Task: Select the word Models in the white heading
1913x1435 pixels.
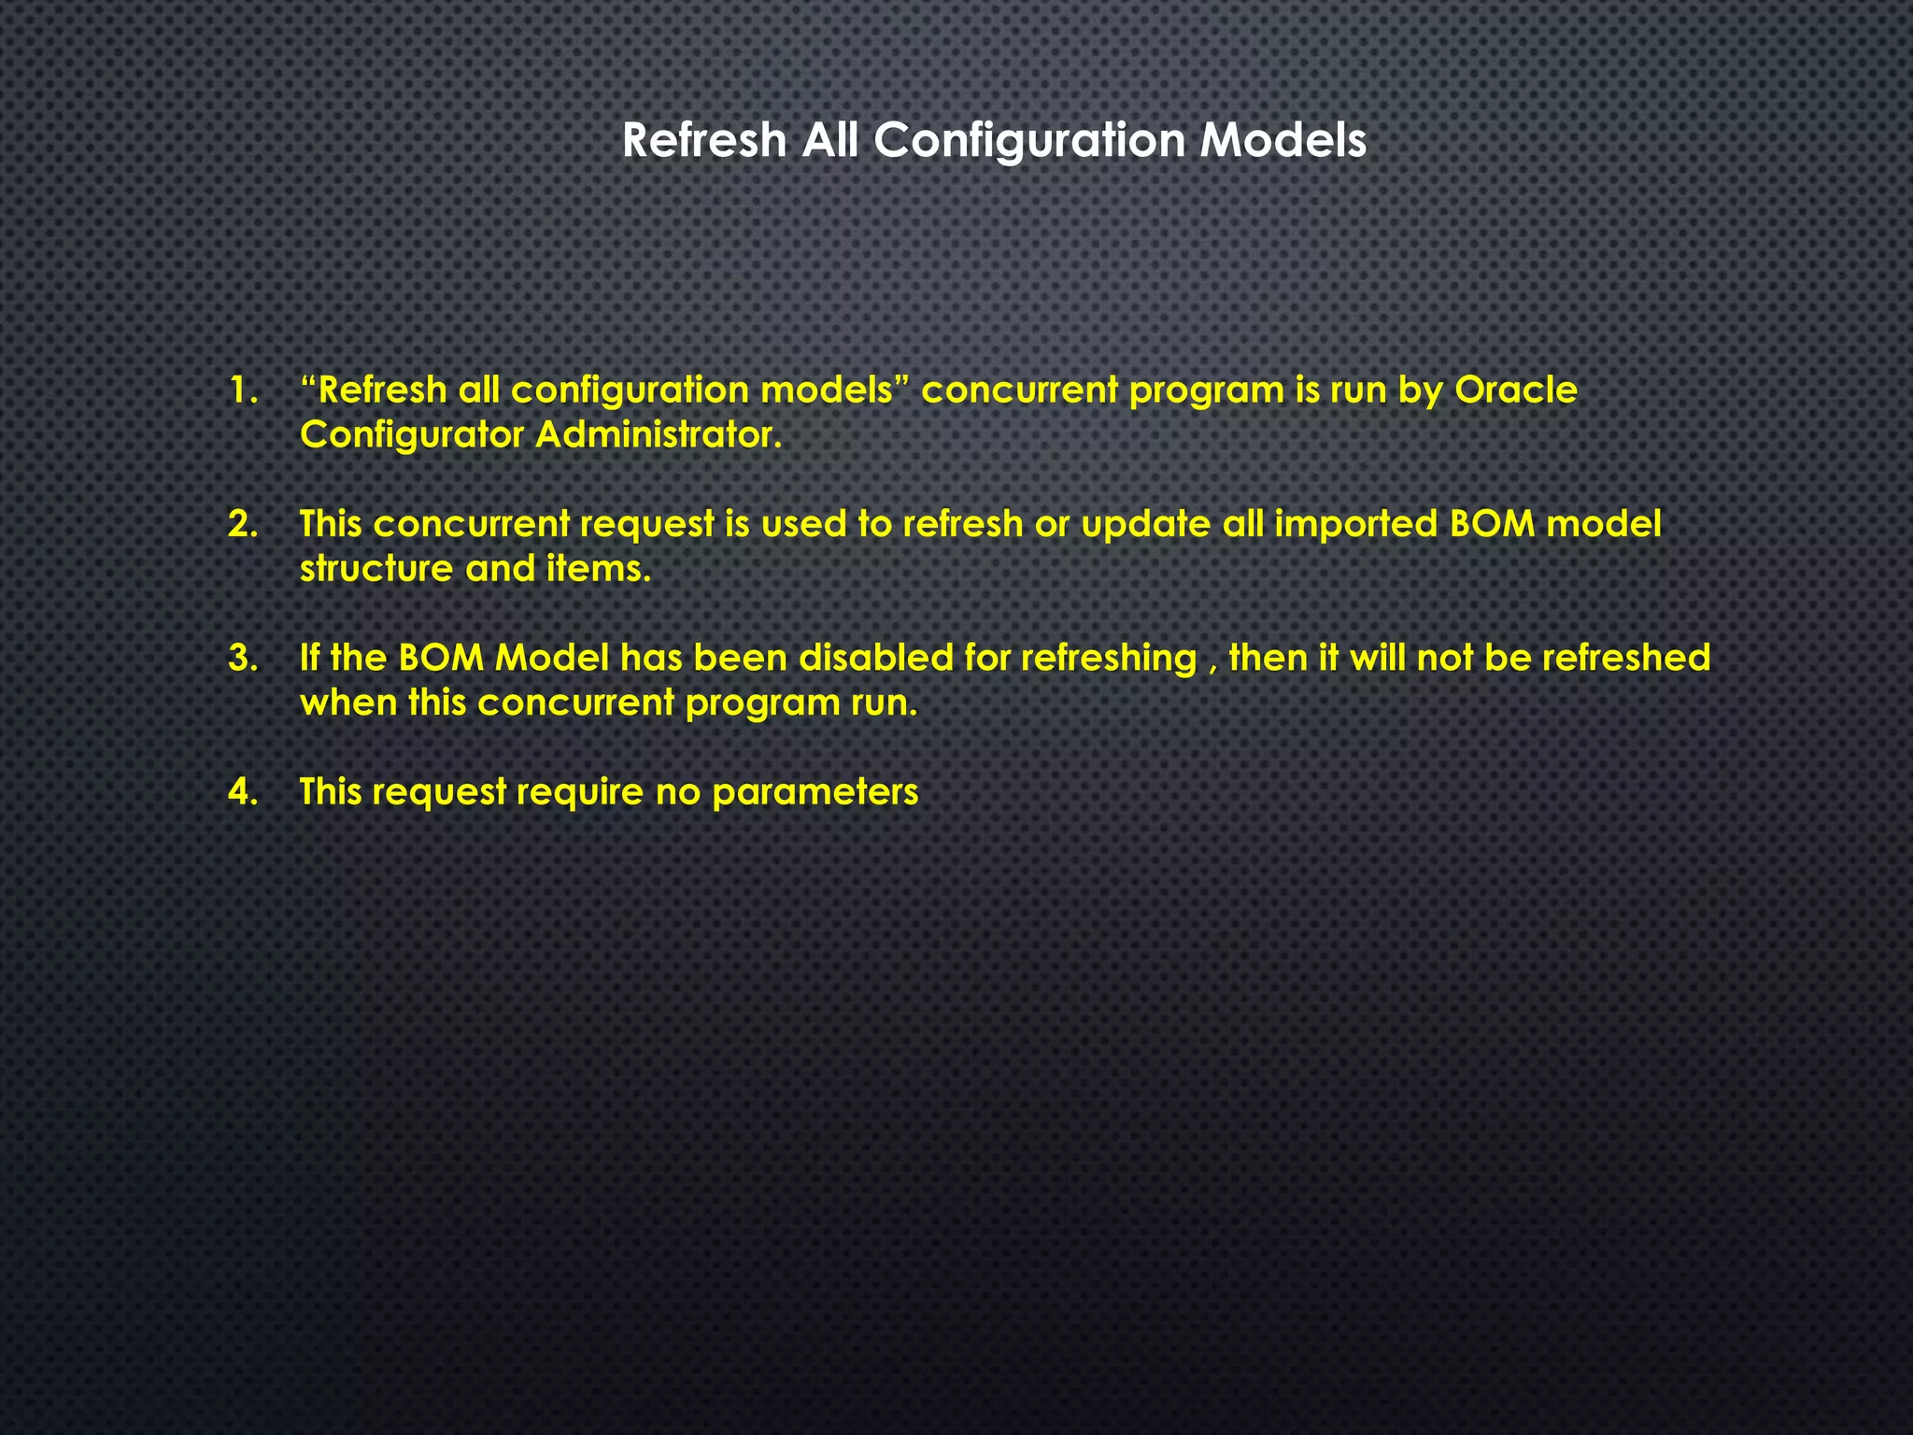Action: [1282, 141]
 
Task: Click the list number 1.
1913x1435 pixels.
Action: [243, 391]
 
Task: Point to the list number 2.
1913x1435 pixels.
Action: [242, 524]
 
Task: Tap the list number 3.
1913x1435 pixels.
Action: [242, 659]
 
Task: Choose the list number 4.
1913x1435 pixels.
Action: [242, 792]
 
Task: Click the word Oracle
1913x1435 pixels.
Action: [1515, 391]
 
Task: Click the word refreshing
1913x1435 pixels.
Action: [1108, 659]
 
